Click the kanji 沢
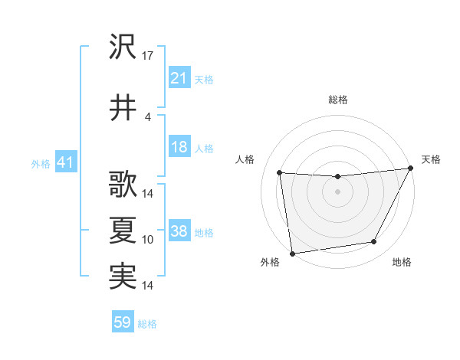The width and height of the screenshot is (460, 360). (x=123, y=47)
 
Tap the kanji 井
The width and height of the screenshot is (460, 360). (x=123, y=107)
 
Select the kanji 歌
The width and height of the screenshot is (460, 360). (x=123, y=185)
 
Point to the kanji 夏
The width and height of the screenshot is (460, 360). (x=123, y=230)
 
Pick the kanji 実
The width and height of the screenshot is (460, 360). (x=123, y=276)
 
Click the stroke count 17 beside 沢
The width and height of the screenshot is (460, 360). (x=148, y=56)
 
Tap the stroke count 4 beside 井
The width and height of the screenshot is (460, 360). (x=148, y=116)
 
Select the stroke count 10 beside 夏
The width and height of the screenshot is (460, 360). (x=148, y=240)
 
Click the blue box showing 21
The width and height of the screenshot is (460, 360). (x=179, y=78)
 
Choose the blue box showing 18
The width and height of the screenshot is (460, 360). (x=179, y=147)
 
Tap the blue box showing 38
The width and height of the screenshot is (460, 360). (x=179, y=231)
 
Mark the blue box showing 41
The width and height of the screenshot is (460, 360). (x=65, y=162)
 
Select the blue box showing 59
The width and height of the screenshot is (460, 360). (x=123, y=322)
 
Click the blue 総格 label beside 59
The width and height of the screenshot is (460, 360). (x=147, y=324)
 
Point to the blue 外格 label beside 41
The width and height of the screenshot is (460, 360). (x=41, y=163)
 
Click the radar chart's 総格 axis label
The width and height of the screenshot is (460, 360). (x=337, y=100)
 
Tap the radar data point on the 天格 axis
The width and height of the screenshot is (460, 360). (x=411, y=169)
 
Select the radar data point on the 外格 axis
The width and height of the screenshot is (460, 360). (x=292, y=253)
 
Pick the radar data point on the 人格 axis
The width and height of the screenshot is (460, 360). (x=279, y=173)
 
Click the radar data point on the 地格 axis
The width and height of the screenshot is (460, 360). (x=374, y=242)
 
